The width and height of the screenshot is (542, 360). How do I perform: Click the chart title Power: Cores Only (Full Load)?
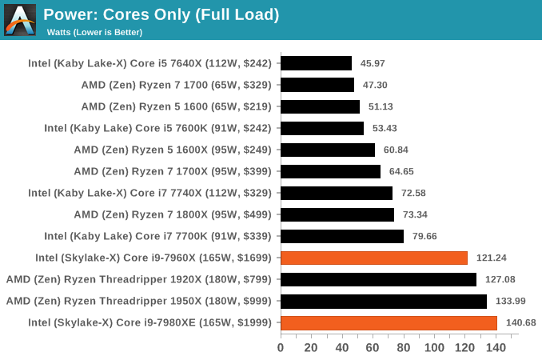coord(161,14)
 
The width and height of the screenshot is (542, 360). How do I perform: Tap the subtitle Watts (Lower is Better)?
coord(94,32)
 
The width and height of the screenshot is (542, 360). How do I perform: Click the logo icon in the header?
coord(20,20)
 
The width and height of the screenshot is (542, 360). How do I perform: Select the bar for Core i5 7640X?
coord(316,63)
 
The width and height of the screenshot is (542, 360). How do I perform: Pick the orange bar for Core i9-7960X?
coord(373,258)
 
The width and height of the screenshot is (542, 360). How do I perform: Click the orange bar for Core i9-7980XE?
coord(389,322)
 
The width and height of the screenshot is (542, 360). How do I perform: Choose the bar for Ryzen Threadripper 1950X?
coord(383,301)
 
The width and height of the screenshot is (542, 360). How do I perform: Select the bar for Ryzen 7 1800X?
coord(337,214)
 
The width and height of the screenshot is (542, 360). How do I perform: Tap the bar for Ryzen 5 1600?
coord(320,106)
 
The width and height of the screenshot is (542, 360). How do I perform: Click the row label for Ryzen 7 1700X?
coord(172,171)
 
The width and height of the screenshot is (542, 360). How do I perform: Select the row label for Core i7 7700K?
coord(157,236)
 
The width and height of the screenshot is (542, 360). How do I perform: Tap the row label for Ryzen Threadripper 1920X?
coord(138,279)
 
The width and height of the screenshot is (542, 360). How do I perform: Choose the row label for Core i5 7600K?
coord(157,128)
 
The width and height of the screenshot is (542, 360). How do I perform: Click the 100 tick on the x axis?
coord(435,347)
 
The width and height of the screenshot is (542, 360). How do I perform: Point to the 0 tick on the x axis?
coord(281,347)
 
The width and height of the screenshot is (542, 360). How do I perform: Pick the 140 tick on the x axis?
coord(496,347)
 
